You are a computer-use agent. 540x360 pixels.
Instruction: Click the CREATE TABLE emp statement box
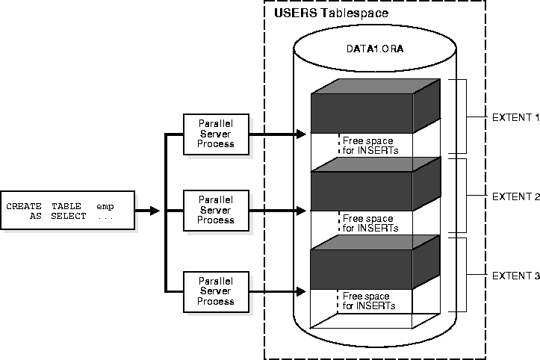(x=68, y=211)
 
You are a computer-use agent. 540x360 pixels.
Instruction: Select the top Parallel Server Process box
(x=215, y=133)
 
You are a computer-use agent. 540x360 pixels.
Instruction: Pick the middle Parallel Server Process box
(x=215, y=210)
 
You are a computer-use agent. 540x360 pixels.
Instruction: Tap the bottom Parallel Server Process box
(x=215, y=291)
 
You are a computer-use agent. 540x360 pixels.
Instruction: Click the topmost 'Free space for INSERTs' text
(x=370, y=146)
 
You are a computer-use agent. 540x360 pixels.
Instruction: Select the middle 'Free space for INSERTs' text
(x=370, y=223)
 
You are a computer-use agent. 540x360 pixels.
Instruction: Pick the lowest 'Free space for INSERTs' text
(x=368, y=301)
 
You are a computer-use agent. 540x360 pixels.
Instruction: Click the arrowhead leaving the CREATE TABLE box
(x=155, y=211)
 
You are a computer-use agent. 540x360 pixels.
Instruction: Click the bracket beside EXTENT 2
(x=465, y=196)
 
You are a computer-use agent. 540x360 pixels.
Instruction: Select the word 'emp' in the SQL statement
(x=105, y=205)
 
